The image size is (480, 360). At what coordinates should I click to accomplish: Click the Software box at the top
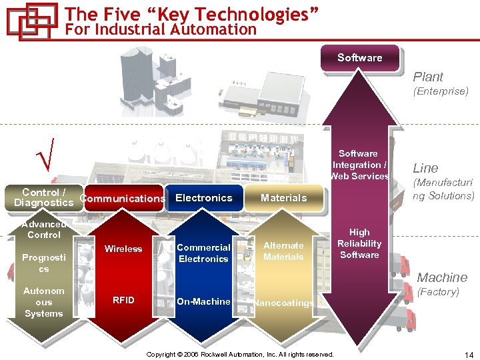(359, 58)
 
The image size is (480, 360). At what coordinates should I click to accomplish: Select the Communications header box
(123, 198)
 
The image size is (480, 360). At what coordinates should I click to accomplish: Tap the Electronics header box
(203, 198)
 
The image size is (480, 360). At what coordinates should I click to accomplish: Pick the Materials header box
(283, 198)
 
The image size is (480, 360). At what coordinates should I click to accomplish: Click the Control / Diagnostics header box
(43, 197)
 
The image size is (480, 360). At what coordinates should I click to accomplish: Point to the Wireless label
(123, 249)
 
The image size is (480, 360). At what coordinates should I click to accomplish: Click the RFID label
(123, 300)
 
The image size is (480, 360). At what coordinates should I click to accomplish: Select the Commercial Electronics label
(203, 253)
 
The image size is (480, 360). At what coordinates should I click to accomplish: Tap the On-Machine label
(203, 301)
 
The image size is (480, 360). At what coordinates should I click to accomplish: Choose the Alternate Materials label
(283, 251)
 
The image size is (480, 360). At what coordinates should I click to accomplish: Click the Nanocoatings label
(283, 303)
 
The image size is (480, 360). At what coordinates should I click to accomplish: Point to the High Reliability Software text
(359, 243)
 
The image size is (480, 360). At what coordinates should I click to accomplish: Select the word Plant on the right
(427, 77)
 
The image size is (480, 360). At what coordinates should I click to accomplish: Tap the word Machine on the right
(442, 277)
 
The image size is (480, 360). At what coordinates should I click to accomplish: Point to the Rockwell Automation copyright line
(240, 354)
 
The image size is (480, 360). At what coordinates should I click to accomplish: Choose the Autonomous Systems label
(43, 302)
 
